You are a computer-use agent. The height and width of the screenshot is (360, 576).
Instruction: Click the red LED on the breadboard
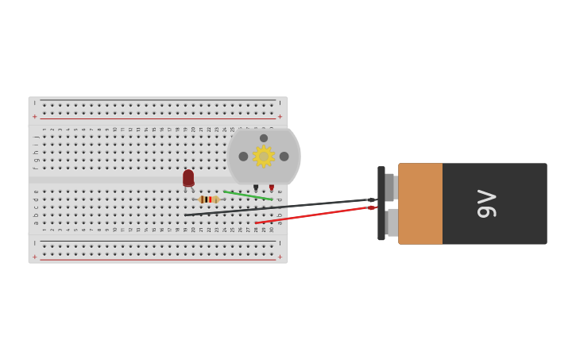pos(188,178)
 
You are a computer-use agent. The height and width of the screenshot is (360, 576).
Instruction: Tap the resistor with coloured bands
pos(208,199)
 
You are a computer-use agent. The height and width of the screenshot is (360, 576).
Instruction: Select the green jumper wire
pos(247,195)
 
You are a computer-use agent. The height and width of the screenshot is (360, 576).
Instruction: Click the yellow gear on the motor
pos(263,157)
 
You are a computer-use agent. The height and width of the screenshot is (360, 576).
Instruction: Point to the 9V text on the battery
pos(486,203)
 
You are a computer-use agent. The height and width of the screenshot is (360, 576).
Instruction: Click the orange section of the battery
pos(420,203)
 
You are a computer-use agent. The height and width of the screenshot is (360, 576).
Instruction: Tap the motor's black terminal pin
pos(256,188)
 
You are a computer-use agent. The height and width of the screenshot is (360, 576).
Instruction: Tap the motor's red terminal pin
pos(272,188)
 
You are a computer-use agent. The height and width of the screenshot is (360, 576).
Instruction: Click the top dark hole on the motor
pos(264,138)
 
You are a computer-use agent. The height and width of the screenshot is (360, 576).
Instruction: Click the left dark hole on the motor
pos(244,157)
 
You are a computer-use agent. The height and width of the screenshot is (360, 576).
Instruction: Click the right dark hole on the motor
pos(284,157)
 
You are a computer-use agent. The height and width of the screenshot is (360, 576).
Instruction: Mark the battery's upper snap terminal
pos(390,188)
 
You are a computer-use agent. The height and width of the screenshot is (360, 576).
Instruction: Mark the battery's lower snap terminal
pos(392,223)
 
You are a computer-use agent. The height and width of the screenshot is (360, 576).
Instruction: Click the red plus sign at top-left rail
pos(35,117)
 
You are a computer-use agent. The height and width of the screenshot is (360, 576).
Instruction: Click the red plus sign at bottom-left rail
pos(35,257)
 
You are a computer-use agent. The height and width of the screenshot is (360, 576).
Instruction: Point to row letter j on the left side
pos(36,137)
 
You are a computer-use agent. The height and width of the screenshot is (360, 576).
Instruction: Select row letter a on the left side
pos(36,223)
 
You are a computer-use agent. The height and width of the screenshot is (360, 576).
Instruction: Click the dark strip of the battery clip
pos(381,203)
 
